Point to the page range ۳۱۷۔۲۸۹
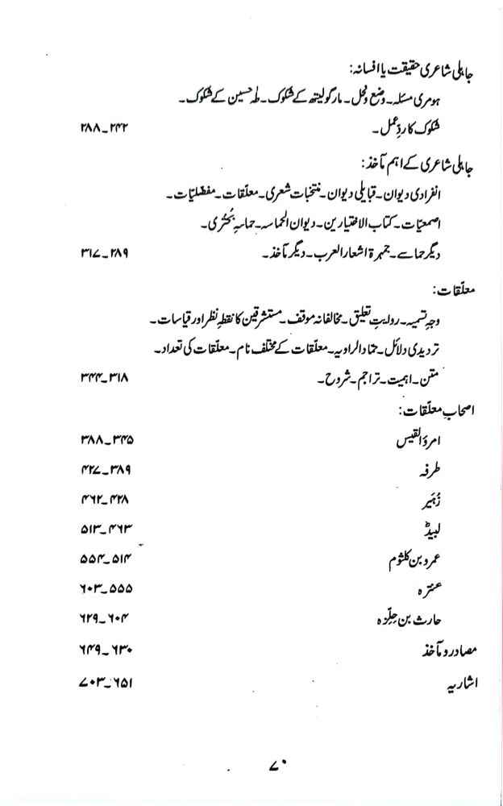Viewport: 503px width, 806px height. coord(106,256)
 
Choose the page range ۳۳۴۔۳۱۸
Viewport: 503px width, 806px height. coord(106,377)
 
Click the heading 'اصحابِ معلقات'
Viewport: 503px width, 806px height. coord(433,410)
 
